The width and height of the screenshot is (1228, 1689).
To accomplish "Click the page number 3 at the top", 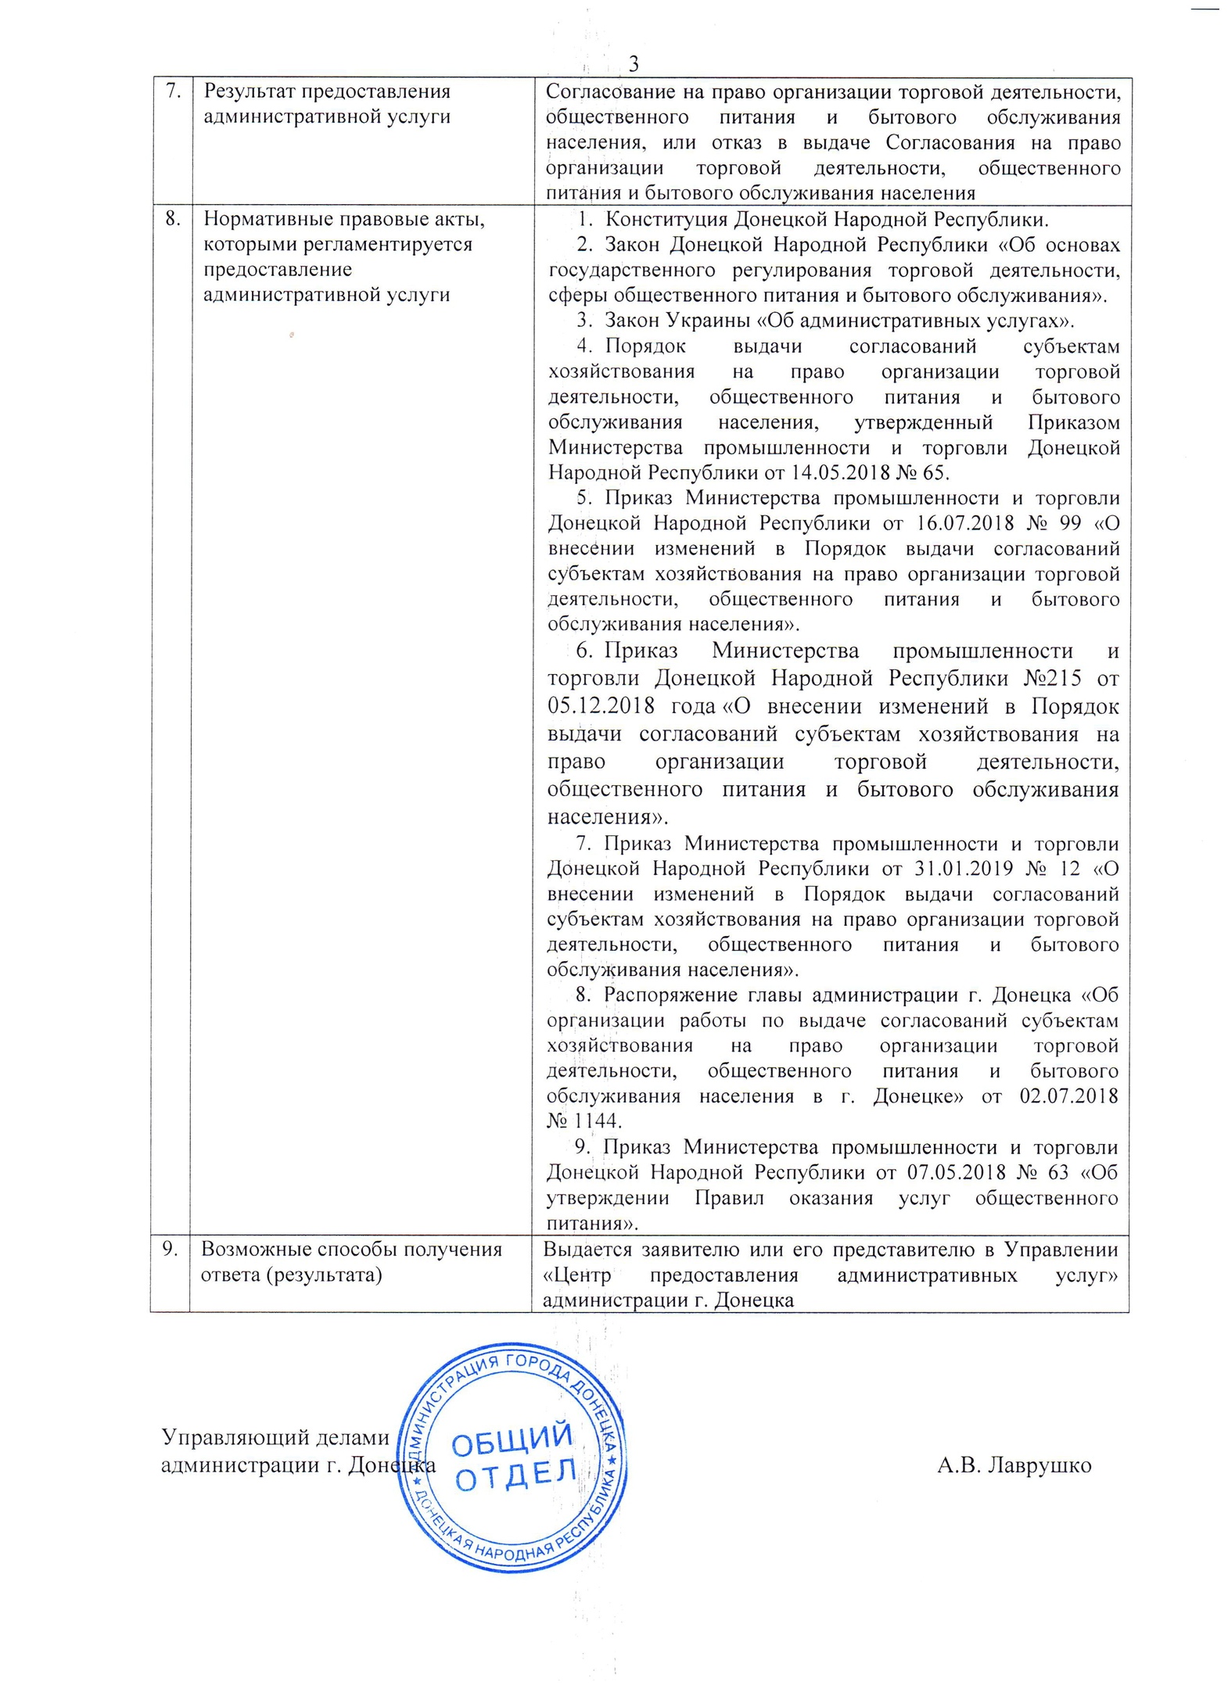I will tap(633, 64).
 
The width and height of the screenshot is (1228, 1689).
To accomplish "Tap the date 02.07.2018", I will tap(1068, 1096).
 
